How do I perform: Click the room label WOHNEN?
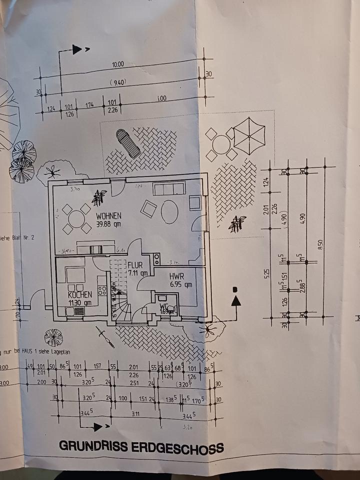click(109, 216)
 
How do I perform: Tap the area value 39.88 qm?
click(109, 223)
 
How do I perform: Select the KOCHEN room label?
click(80, 295)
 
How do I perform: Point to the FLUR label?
click(136, 265)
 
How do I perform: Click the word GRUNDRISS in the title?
click(93, 445)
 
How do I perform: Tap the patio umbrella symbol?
click(249, 135)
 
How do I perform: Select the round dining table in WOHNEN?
click(76, 218)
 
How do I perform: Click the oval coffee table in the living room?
click(170, 211)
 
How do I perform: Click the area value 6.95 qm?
click(181, 284)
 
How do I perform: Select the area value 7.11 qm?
click(138, 273)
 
